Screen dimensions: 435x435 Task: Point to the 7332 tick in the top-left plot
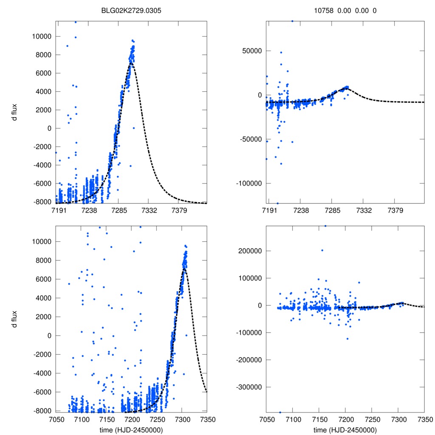148,210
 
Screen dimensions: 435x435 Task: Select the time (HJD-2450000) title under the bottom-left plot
131,430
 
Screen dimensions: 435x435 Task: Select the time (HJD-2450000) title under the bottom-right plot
345,430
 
